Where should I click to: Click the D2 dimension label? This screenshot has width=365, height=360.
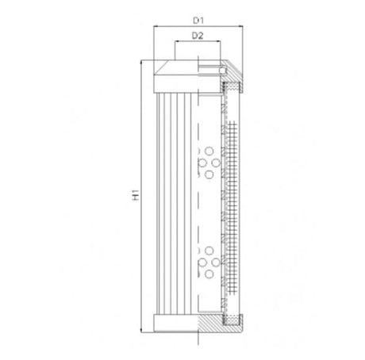(x=196, y=36)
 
